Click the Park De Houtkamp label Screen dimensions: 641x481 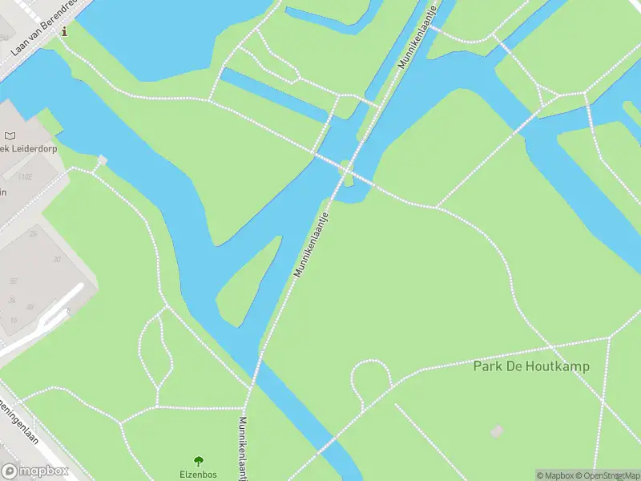(531, 366)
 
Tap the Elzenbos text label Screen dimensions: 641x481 (198, 474)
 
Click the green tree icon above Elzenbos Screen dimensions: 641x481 (199, 461)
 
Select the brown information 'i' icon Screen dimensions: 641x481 (65, 32)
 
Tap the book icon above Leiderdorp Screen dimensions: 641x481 (10, 137)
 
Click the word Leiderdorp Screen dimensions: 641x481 (32, 149)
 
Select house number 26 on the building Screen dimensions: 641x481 (33, 233)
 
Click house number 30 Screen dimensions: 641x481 (57, 259)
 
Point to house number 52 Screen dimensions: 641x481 (14, 281)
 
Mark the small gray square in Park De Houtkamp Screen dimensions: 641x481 (497, 431)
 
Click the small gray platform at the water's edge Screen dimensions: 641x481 (101, 161)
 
